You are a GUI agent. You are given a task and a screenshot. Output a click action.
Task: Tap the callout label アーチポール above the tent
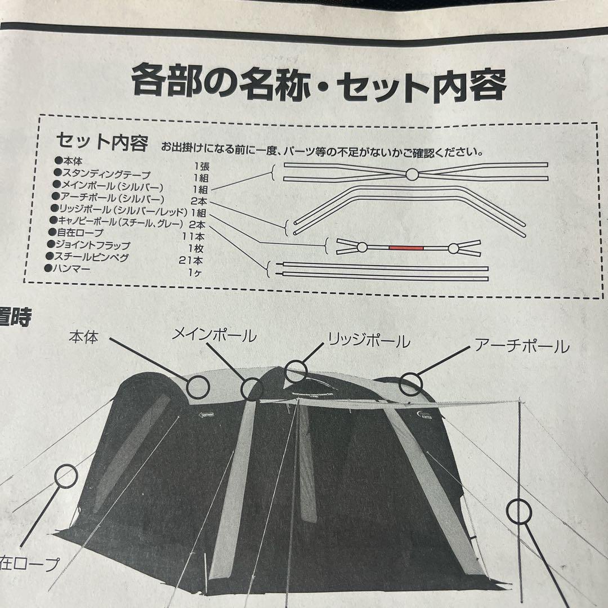coord(521,346)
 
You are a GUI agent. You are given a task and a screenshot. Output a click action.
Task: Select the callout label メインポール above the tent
coord(214,336)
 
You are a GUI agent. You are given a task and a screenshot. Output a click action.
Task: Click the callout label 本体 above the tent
coord(84,337)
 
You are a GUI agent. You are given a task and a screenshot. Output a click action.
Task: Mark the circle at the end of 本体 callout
coord(198,386)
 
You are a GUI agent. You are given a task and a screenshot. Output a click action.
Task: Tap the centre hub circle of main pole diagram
coord(412,175)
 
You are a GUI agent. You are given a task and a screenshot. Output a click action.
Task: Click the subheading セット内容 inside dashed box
coord(102,141)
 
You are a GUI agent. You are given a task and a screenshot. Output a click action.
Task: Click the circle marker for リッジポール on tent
coord(296,372)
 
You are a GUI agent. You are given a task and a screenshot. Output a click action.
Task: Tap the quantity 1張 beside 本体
coord(200,166)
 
